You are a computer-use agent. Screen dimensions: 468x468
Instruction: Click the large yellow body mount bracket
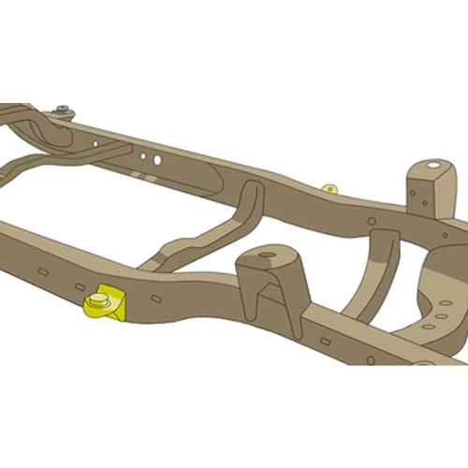tap(106, 304)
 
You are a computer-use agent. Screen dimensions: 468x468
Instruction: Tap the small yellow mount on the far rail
tap(329, 189)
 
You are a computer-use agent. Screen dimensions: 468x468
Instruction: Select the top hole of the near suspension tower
tap(267, 255)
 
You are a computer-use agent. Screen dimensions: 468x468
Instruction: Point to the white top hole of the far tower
tap(432, 167)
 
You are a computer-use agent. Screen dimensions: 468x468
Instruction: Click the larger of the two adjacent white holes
tap(156, 161)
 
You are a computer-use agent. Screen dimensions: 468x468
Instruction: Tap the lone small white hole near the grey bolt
tap(95, 143)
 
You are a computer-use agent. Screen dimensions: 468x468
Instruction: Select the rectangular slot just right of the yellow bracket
tap(156, 299)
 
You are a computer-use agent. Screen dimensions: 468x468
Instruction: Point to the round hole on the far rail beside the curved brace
tap(372, 222)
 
